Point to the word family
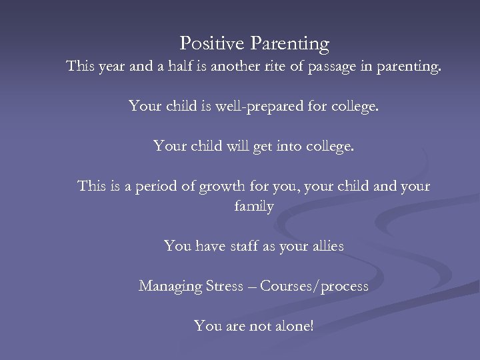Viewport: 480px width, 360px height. click(253, 207)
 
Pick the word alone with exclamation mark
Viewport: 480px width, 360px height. click(296, 326)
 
